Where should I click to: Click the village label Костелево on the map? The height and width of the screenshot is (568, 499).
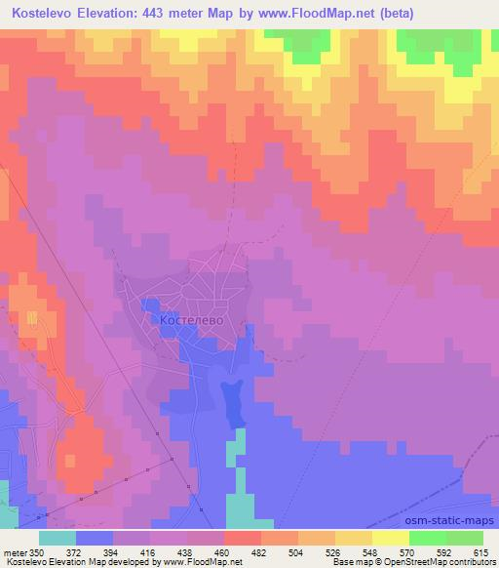coord(191,319)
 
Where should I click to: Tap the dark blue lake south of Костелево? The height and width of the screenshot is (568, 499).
coord(233,402)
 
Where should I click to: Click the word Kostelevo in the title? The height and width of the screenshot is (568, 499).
coord(47,14)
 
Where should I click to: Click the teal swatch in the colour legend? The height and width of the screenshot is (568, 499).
coord(58,538)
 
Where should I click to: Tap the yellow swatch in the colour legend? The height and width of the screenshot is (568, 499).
coord(390,538)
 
